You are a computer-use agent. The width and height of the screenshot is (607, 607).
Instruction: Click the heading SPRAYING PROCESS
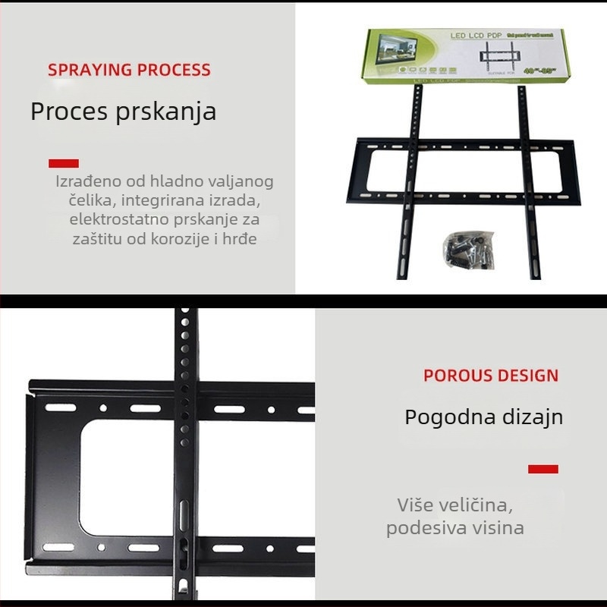(129, 70)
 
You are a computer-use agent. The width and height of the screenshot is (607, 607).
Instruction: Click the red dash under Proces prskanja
(64, 163)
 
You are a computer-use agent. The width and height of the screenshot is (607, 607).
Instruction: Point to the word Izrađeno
(86, 182)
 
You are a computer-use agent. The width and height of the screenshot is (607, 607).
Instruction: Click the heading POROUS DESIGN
(490, 376)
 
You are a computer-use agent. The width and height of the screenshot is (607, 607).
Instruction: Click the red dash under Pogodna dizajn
(543, 469)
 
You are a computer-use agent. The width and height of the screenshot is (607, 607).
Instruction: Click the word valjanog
(239, 182)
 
